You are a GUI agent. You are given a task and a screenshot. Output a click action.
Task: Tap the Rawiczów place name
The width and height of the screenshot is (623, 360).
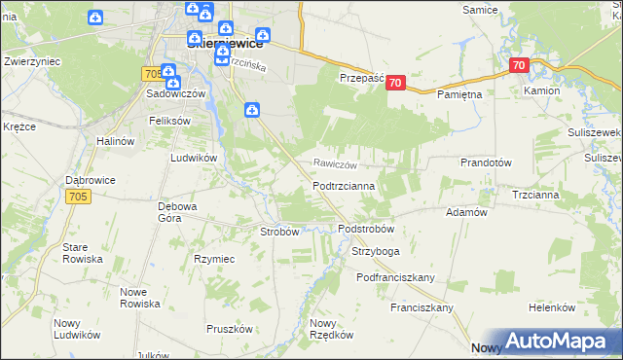(x=336, y=164)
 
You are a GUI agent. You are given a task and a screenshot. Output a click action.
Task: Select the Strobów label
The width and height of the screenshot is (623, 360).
(x=278, y=232)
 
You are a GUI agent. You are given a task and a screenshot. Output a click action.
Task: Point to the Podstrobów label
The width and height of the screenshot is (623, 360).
(x=365, y=229)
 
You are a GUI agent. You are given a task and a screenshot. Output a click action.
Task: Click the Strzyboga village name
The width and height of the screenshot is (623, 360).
(x=376, y=251)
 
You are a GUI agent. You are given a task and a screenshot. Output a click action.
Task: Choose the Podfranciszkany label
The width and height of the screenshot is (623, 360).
(x=394, y=277)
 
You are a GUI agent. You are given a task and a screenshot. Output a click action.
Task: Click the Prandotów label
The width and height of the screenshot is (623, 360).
(x=487, y=163)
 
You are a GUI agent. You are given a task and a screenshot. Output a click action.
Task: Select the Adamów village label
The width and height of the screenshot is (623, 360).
(x=465, y=211)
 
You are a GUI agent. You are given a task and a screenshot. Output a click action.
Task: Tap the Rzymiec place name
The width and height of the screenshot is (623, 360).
(x=214, y=259)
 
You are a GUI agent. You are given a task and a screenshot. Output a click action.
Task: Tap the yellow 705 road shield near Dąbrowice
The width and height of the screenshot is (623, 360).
(x=80, y=197)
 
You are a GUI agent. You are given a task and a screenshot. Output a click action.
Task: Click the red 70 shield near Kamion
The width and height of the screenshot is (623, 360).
(x=518, y=66)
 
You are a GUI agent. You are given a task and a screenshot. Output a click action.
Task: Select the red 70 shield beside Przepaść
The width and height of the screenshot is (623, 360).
(x=394, y=84)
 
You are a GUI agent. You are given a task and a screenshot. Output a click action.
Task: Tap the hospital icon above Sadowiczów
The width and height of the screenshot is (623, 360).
(x=167, y=71)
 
